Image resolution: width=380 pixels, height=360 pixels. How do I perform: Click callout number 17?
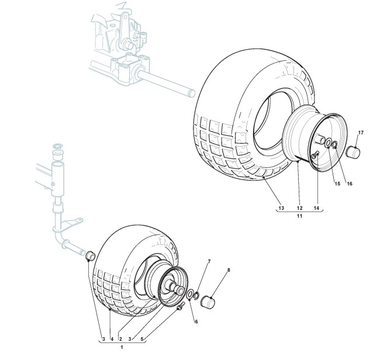tap(361, 133)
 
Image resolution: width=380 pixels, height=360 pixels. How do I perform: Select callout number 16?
tap(350, 184)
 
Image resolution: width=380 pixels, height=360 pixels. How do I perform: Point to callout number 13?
tap(281, 209)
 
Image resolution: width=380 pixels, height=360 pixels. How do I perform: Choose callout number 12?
tap(299, 209)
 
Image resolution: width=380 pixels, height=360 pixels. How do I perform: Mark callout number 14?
tap(316, 209)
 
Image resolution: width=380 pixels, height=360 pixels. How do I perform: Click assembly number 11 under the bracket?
tap(299, 217)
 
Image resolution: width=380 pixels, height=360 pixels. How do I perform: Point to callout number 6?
tap(196, 321)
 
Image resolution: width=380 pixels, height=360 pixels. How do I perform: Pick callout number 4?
tap(111, 339)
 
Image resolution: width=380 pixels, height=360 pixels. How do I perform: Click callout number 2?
tap(120, 339)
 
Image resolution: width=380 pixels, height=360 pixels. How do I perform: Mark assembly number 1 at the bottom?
tap(121, 348)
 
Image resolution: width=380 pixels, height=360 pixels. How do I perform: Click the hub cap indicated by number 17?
tap(353, 153)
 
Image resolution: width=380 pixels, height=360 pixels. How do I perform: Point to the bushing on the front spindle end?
tap(90, 257)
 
